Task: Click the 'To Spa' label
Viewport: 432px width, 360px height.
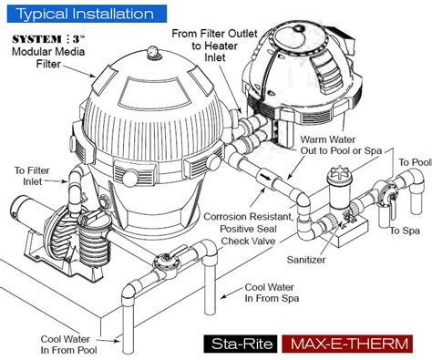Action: tap(406, 231)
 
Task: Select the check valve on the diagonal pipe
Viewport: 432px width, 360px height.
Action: tap(262, 171)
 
